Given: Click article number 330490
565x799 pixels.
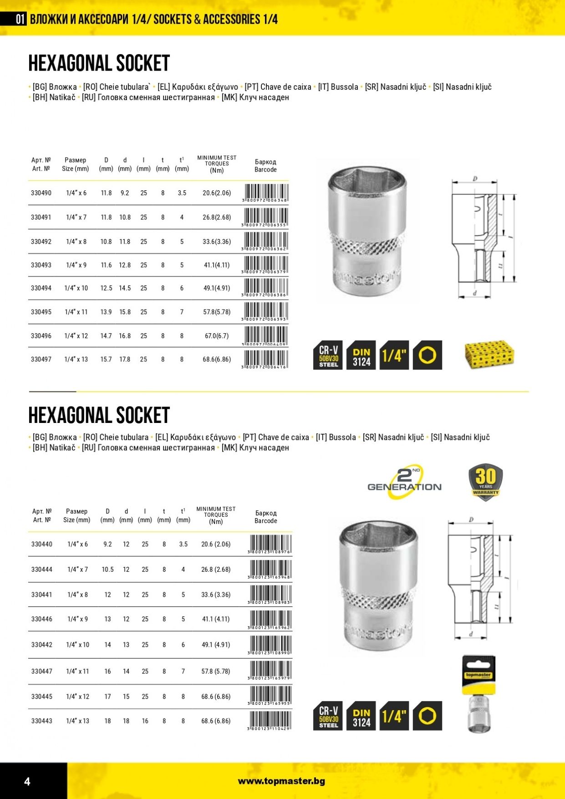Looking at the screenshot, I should tap(41, 193).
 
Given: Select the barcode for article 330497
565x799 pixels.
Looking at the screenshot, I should tap(266, 359).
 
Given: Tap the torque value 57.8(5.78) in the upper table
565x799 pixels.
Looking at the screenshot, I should tap(217, 312).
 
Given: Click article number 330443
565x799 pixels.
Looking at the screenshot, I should tap(42, 721).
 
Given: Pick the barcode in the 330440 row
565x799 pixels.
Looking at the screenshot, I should tap(270, 544).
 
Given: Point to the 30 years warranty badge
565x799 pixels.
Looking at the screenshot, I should tap(486, 482).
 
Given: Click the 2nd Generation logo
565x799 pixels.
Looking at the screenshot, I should tap(404, 482).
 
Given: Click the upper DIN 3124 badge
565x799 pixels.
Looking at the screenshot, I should tap(361, 355).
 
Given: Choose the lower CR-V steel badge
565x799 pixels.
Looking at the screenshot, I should tap(328, 716).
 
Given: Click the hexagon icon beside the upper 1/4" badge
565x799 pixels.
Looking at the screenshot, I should tap(427, 355).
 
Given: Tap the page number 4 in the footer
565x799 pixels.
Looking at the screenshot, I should tap(27, 781).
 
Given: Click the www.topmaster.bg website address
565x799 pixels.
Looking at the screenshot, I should tap(281, 781).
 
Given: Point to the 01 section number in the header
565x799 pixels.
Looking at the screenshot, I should tap(20, 19).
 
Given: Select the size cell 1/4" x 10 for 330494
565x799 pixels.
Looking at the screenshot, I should tap(76, 288).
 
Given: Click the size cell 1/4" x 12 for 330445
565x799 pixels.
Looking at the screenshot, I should tap(77, 697).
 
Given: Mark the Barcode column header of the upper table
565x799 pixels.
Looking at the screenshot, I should tap(265, 166).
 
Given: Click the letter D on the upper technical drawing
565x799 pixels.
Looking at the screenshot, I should tap(475, 178).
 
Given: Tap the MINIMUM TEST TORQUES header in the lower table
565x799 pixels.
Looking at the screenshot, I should tap(216, 515).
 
